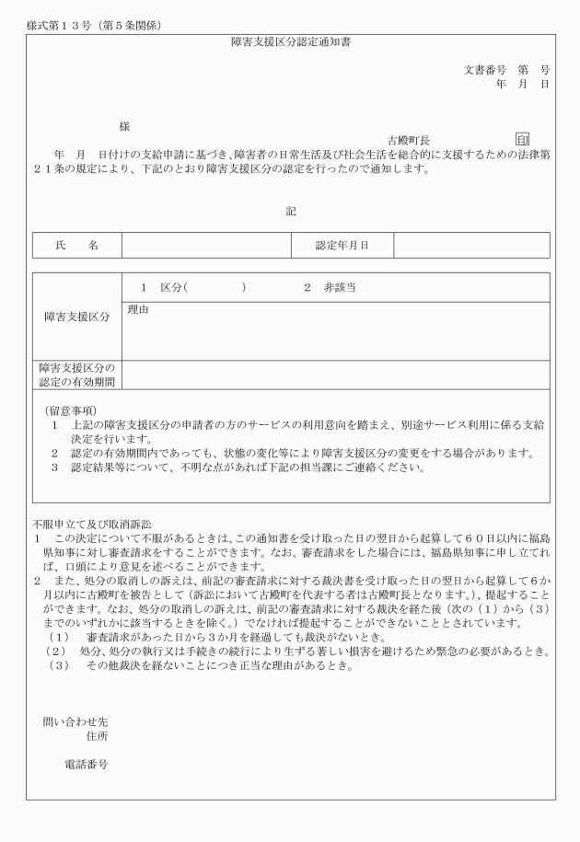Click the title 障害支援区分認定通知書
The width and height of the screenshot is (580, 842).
pos(290,42)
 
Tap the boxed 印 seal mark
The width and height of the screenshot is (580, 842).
pos(523,139)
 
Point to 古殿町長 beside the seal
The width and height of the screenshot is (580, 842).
pos(409,140)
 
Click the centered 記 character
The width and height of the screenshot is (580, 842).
pos(290,211)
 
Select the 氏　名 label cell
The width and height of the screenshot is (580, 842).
pos(76,245)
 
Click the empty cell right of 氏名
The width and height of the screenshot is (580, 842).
pos(205,245)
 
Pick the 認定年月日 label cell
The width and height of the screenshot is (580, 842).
pos(342,245)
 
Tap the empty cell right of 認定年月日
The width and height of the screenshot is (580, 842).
pos(471,245)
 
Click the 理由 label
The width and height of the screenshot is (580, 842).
pos(138,309)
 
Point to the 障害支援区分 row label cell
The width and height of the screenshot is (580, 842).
pos(76,317)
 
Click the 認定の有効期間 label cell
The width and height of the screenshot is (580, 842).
pos(76,375)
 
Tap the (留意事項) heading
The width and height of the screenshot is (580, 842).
pos(71,409)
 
